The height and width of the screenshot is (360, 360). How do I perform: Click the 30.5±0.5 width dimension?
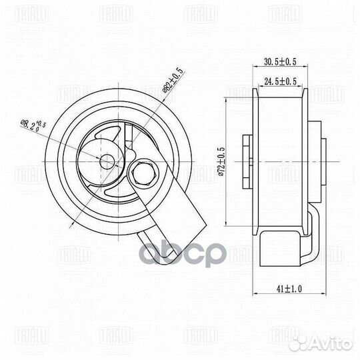[279, 62]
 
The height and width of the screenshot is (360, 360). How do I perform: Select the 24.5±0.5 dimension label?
[280, 82]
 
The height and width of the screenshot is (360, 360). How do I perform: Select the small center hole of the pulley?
[106, 161]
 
